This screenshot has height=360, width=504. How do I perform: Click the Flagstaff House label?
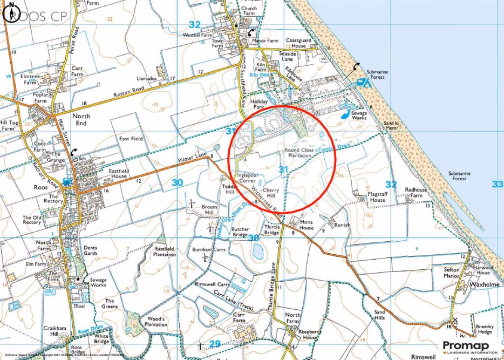tap(370, 196)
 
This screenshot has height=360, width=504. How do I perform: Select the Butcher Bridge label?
tap(247, 232)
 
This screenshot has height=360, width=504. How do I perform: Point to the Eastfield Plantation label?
tap(164, 252)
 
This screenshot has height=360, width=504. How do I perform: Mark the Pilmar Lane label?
tap(193, 160)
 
